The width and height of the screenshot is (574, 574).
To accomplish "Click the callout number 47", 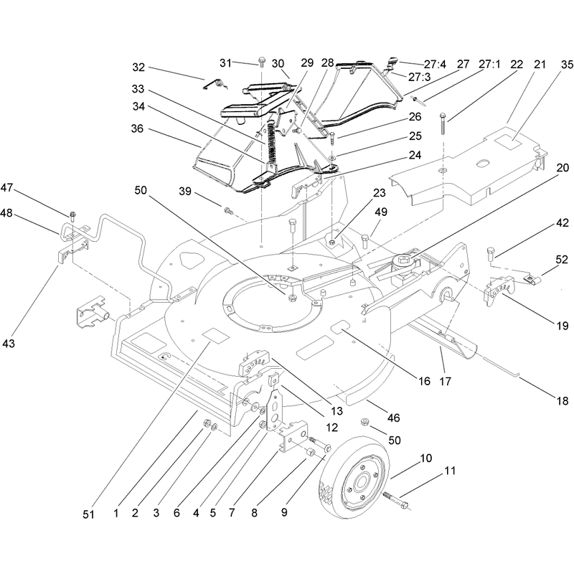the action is click(6, 188).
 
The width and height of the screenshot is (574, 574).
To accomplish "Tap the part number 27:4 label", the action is click(435, 65).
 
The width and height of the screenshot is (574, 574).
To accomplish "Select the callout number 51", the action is click(88, 514).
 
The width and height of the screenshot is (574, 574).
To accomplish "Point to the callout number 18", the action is click(563, 401).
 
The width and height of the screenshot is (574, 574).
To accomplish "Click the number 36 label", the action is click(137, 129).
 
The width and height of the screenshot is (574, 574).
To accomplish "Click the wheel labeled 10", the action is click(353, 477).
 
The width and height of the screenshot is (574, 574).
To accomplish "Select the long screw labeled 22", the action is click(443, 123).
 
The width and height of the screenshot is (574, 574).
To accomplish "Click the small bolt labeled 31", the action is click(262, 62).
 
